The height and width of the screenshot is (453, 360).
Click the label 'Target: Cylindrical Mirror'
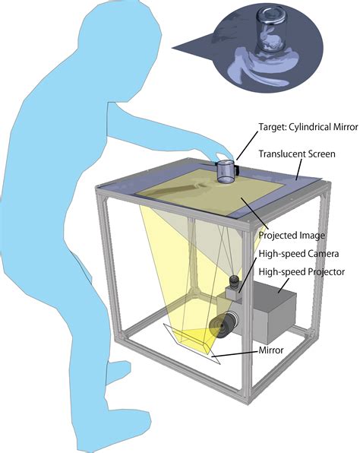point(308,127)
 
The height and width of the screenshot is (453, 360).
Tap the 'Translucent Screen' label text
point(297,154)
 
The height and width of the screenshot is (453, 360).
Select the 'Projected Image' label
point(292,235)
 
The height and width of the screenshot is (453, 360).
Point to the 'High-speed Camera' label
point(298,254)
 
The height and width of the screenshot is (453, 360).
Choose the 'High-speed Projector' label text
point(302,271)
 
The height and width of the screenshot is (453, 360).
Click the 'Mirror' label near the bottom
point(271,350)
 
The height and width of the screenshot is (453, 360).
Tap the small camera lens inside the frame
point(234,282)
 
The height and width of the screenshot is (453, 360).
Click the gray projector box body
point(274,311)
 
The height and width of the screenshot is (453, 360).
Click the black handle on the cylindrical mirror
point(237,170)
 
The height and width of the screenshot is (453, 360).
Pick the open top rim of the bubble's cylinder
point(272,13)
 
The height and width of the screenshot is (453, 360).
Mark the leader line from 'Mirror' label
point(235,353)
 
